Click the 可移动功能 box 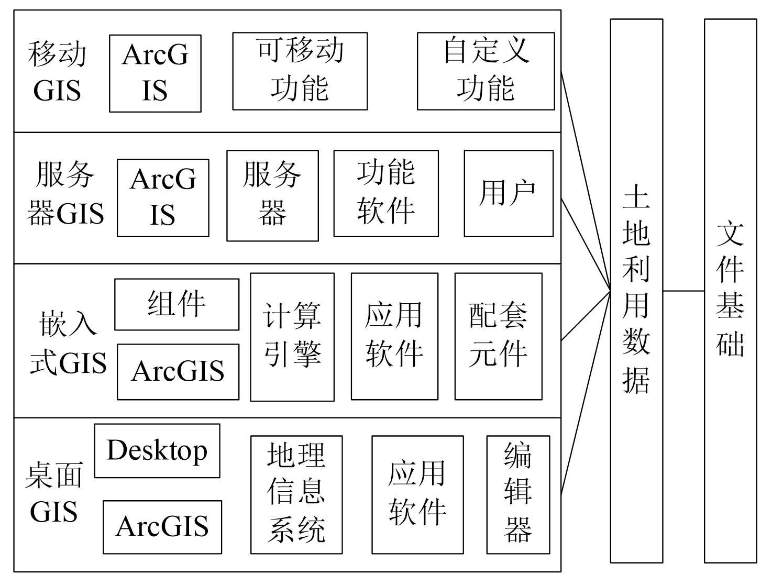coord(300,71)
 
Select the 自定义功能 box coord(486,71)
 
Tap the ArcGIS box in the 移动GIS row coord(155,73)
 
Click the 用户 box coord(508,193)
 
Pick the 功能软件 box coord(386,193)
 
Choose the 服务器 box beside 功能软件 coord(272,195)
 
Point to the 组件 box coord(177,304)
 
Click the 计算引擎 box coord(292,337)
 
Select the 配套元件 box coord(498,336)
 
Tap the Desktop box coord(157,450)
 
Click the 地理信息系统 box coord(296,494)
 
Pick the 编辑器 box coord(518,494)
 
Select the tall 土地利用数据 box coord(636,291)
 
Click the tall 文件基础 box coord(730,291)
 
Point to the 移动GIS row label coord(57,72)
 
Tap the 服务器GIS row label coord(65,194)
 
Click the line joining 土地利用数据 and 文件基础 coord(683,291)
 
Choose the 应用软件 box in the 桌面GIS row coord(417,494)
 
